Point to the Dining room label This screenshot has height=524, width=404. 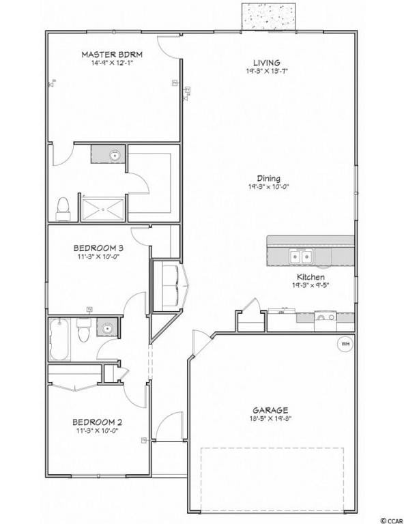(x=268, y=179)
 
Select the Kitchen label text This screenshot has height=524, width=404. (x=310, y=277)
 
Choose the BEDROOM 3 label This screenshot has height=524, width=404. (x=98, y=248)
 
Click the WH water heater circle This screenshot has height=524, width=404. (x=345, y=344)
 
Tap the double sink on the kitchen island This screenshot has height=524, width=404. (x=300, y=257)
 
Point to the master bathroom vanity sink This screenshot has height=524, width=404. (x=115, y=156)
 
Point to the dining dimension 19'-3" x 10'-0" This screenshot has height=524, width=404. (x=268, y=187)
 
